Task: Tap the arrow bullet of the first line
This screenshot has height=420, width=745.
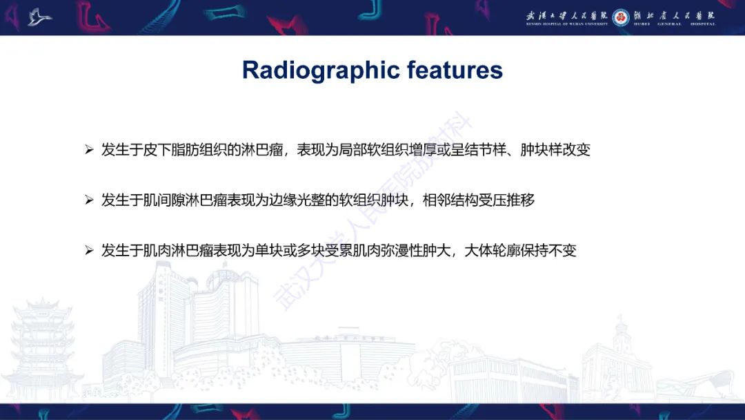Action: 89,150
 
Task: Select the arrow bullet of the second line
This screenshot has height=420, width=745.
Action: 89,200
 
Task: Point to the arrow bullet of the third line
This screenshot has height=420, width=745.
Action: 89,251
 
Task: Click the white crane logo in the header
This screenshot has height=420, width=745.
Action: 39,17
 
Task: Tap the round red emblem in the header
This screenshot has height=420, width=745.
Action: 621,16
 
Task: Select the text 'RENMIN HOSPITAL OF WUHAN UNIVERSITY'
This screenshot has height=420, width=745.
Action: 567,24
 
